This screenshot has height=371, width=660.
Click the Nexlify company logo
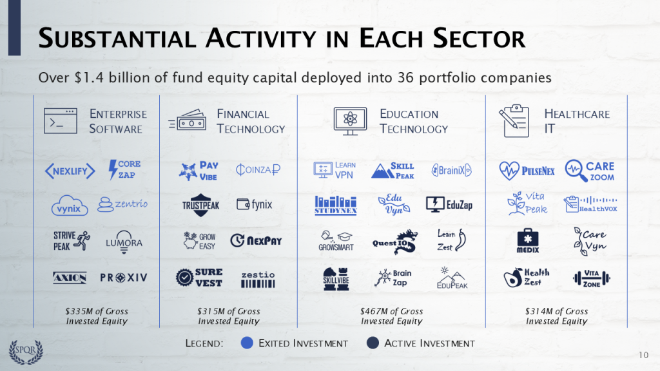pyautogui.click(x=70, y=171)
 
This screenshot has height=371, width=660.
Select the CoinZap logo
pyautogui.click(x=258, y=169)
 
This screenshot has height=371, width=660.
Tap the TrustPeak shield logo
pyautogui.click(x=201, y=205)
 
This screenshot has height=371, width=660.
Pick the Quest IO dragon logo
pyautogui.click(x=395, y=242)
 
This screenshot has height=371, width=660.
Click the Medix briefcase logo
pyautogui.click(x=528, y=241)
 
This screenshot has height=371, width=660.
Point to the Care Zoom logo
pyautogui.click(x=590, y=171)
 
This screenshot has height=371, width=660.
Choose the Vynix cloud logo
pyautogui.click(x=70, y=205)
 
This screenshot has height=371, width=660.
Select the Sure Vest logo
pyautogui.click(x=199, y=278)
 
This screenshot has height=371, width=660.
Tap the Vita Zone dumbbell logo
pyautogui.click(x=592, y=278)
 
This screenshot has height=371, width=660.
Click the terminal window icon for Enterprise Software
pyautogui.click(x=60, y=121)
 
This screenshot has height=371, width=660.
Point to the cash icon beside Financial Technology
pyautogui.click(x=188, y=120)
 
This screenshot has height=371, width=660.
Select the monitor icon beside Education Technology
pyautogui.click(x=350, y=121)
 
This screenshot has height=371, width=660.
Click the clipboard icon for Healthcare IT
pyautogui.click(x=514, y=121)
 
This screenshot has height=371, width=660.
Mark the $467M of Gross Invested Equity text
pyautogui.click(x=391, y=316)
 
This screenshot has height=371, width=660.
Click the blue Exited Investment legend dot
pyautogui.click(x=247, y=343)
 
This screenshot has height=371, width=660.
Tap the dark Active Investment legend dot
pyautogui.click(x=373, y=343)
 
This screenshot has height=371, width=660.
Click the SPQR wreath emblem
pyautogui.click(x=26, y=352)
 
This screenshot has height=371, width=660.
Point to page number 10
pyautogui.click(x=644, y=355)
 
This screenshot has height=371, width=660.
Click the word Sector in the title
pyautogui.click(x=479, y=38)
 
